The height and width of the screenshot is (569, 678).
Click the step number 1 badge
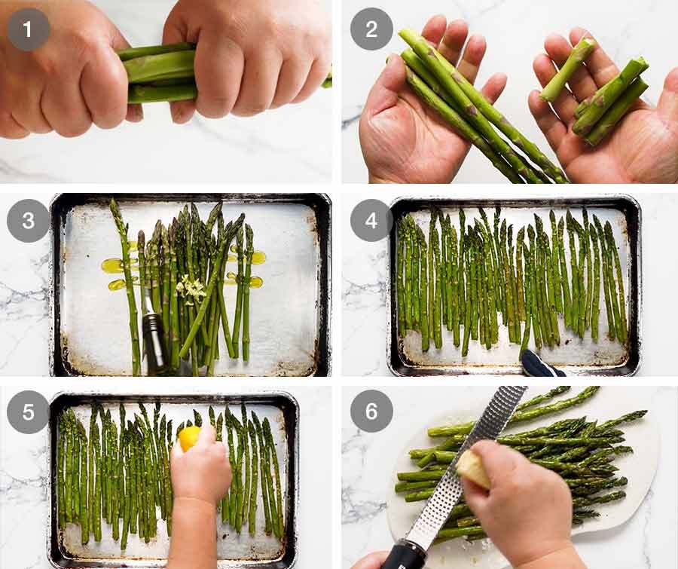click(28, 29)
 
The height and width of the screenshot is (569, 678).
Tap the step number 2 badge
click(371, 29)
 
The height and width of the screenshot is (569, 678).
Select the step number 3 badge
click(28, 221)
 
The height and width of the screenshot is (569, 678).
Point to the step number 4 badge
click(371, 220)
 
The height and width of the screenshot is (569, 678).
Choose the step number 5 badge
click(28, 412)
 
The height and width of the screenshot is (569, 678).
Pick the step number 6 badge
click(371, 411)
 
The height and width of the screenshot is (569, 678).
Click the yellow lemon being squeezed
click(189, 438)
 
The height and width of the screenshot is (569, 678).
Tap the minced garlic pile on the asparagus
click(191, 289)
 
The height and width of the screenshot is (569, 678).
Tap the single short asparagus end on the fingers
click(567, 69)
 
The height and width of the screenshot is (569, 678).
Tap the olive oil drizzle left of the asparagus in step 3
click(118, 274)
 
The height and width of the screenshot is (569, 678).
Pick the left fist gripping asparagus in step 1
click(65, 72)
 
